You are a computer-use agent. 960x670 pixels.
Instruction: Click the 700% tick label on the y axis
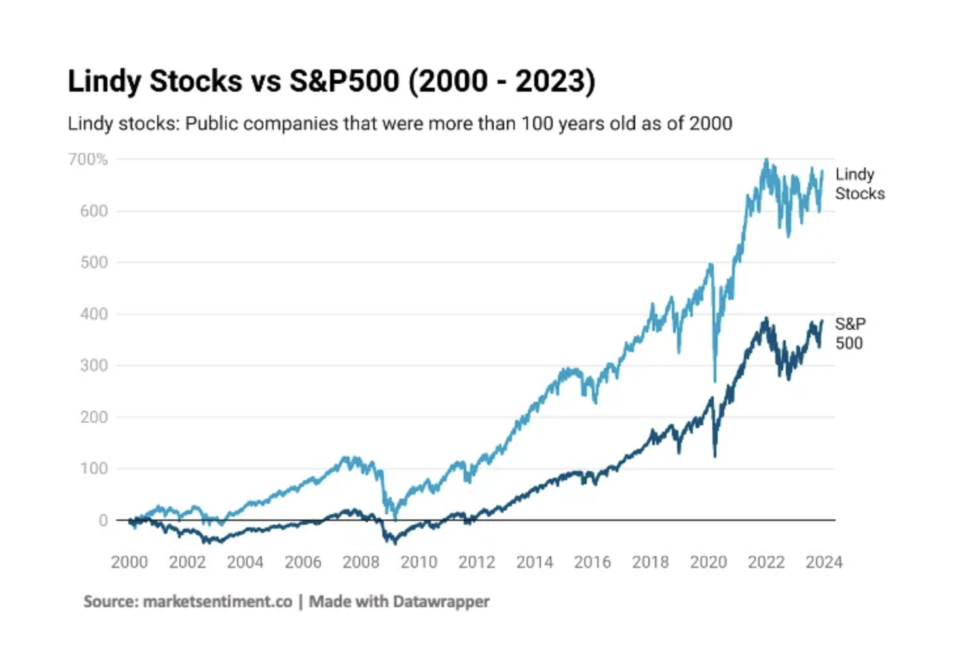pos(88,159)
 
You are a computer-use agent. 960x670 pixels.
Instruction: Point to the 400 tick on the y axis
pos(94,314)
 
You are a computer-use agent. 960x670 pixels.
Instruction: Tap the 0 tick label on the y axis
pos(103,520)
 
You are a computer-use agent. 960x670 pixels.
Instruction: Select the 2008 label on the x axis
pos(361,562)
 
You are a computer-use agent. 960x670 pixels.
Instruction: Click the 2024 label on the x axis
pos(823,562)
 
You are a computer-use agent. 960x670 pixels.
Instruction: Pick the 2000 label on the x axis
pos(129,562)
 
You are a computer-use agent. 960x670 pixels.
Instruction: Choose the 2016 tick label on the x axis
pos(592,562)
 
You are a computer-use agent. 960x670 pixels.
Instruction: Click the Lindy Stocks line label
pos(859,184)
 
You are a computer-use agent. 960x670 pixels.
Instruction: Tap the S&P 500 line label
pos(850,333)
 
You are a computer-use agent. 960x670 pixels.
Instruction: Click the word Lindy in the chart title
pos(104,81)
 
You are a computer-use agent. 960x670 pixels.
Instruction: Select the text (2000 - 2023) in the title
pos(502,81)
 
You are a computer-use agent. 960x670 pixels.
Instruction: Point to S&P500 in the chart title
pos(344,81)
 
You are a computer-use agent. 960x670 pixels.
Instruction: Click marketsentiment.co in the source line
pos(217,601)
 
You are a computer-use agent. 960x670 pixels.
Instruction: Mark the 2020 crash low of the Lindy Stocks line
pos(714,381)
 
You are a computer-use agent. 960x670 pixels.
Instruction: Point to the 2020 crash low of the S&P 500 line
pos(714,456)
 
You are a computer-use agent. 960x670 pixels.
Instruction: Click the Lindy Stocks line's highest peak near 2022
pos(766,160)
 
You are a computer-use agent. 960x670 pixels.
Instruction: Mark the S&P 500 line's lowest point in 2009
pos(394,543)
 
